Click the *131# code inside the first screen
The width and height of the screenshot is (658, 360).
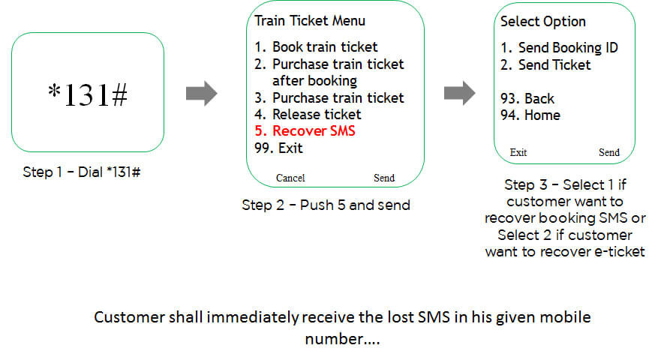click(x=88, y=94)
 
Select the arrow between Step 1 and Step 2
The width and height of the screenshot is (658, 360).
click(x=201, y=94)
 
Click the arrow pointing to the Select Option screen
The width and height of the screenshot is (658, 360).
click(x=459, y=94)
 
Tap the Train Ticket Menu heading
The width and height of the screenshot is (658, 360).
click(x=310, y=21)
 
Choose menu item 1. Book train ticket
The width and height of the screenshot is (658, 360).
click(x=316, y=47)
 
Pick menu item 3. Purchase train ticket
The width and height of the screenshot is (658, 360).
click(x=330, y=98)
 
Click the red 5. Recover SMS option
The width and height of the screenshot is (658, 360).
click(x=305, y=131)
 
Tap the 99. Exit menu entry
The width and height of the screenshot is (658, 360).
click(x=279, y=148)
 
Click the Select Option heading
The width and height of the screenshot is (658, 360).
click(x=543, y=21)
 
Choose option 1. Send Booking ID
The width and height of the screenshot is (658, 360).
click(x=560, y=48)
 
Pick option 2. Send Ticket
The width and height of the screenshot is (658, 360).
click(x=546, y=65)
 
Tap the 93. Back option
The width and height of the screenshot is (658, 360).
click(x=528, y=99)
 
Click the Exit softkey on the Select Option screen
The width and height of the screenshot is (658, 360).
click(x=518, y=153)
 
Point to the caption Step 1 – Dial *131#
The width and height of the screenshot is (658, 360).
click(x=83, y=172)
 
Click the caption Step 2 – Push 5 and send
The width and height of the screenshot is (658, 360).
click(x=326, y=205)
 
